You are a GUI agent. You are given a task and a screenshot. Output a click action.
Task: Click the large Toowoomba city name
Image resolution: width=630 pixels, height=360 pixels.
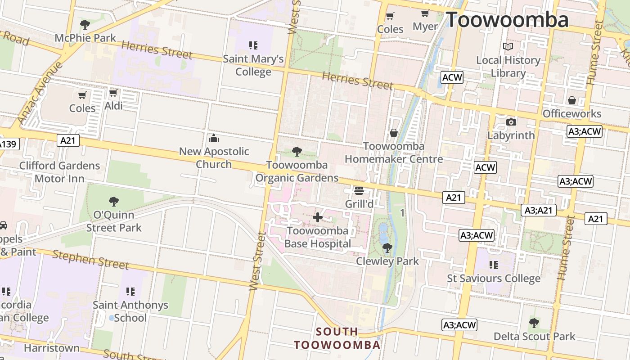pos(507,20)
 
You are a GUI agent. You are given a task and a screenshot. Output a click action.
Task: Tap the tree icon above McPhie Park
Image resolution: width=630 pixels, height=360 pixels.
pos(85,25)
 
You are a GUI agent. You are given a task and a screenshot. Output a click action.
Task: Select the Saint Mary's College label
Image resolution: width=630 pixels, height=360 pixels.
pos(253,65)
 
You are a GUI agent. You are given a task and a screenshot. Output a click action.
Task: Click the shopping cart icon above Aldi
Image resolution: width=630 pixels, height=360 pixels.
pos(113,93)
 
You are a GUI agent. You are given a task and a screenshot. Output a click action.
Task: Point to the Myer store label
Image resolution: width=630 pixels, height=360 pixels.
pos(425,27)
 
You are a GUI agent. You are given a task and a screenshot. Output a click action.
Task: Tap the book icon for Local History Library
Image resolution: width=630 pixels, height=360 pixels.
pos(508,47)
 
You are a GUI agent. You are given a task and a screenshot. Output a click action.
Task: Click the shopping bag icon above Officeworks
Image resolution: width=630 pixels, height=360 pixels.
pos(571,100)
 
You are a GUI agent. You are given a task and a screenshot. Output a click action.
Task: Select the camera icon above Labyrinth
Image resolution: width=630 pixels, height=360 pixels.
pos(511,122)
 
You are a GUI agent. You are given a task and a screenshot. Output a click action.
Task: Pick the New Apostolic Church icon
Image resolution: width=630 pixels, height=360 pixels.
pos(214,138)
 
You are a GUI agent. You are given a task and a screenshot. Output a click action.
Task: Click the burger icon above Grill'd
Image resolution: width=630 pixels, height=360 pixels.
pos(359,191)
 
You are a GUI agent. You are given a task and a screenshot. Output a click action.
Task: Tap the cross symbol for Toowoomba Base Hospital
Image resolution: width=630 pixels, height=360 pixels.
pos(318,218)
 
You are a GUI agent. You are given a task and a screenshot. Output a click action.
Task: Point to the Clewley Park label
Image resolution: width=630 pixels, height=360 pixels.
pos(387,261)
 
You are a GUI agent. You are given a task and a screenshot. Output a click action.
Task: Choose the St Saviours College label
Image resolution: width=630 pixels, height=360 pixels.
pos(494,279)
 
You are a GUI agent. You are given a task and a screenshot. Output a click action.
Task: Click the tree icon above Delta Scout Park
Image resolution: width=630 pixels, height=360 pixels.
pos(534,323)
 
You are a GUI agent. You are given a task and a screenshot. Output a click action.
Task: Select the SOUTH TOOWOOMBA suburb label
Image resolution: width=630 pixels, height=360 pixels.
pos(337,338)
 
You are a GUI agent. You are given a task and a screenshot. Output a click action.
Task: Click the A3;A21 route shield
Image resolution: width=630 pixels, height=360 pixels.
pos(539,210)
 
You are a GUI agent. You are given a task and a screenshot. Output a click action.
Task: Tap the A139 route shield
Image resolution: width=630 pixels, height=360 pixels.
pos(8,144)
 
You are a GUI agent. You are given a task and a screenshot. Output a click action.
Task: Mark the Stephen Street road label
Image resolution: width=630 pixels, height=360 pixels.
pos(90,260)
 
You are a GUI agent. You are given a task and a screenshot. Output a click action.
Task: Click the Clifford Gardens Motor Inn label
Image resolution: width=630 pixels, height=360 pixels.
pos(59,172)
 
